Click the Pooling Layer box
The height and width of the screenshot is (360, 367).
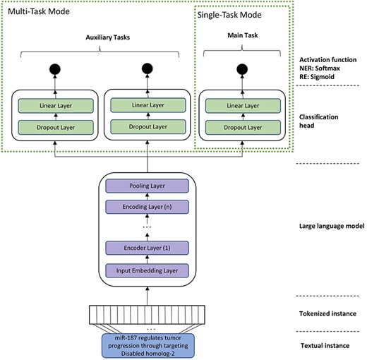[x=148, y=186]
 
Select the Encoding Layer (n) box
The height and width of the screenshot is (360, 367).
[x=148, y=208]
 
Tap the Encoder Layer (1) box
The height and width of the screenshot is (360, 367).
[x=148, y=248]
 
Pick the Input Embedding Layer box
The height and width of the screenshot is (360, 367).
[x=148, y=270]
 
